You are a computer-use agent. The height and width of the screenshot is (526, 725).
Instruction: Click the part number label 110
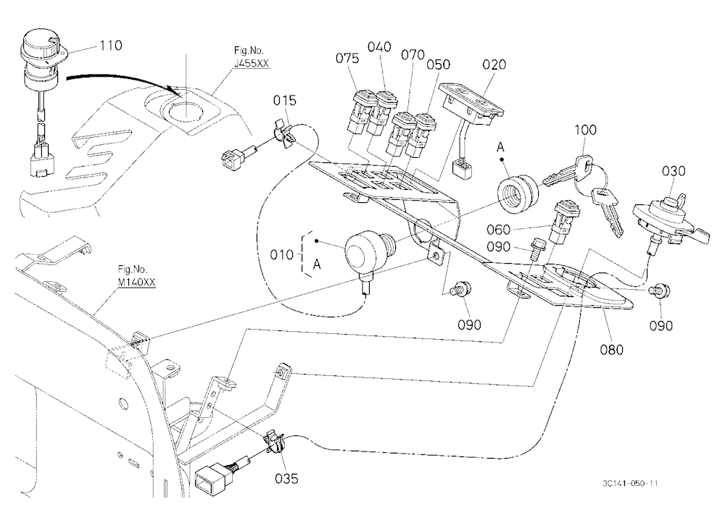(110, 46)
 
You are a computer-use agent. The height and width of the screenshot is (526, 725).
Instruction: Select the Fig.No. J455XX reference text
(251, 57)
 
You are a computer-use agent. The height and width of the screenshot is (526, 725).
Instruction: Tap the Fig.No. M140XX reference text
(136, 275)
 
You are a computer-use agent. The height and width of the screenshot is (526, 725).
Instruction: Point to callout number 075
(347, 58)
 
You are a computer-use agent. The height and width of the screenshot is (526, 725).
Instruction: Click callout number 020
(494, 64)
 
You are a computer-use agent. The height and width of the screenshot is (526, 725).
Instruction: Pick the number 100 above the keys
(585, 130)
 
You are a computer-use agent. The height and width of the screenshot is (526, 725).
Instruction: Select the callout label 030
(674, 171)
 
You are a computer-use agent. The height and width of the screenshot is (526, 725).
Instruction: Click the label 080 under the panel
(612, 350)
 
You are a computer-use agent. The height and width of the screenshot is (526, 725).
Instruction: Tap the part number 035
(286, 478)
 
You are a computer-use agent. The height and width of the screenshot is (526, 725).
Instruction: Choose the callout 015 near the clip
(285, 100)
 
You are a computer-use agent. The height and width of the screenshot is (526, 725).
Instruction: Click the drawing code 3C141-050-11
(630, 483)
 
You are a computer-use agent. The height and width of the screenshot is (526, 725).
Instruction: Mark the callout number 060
(499, 230)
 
